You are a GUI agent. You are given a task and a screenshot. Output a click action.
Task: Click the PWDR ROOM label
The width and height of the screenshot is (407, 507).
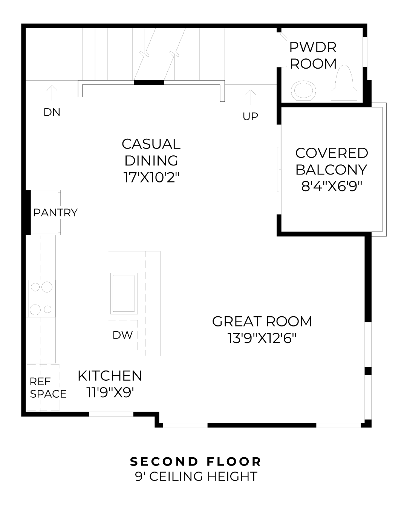click(313, 55)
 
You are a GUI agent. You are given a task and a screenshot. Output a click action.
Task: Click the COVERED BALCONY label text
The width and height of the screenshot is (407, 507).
click(331, 161)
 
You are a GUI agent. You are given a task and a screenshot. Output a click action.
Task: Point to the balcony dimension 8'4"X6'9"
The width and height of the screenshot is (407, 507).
click(331, 186)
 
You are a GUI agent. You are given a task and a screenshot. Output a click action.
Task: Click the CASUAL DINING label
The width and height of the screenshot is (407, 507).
click(151, 152)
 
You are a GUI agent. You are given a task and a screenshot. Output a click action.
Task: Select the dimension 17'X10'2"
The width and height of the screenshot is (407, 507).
click(151, 177)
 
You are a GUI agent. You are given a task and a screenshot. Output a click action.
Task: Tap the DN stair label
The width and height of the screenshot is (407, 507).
click(52, 112)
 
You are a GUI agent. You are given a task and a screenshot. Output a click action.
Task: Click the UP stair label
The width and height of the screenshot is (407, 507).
click(250, 116)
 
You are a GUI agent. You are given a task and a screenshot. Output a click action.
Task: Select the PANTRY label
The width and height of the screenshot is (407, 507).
click(55, 213)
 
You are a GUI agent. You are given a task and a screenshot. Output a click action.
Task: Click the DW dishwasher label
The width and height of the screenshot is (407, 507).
click(122, 335)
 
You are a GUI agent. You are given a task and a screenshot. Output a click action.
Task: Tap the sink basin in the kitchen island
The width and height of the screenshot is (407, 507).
click(124, 293)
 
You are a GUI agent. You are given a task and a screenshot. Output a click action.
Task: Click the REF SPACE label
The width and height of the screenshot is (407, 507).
click(48, 388)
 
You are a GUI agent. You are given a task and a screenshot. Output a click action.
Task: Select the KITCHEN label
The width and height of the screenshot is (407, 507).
click(110, 376)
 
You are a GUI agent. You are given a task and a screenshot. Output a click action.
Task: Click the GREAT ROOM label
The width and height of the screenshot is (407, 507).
click(262, 322)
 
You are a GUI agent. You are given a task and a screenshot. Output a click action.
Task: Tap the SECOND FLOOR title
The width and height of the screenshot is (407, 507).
click(196, 461)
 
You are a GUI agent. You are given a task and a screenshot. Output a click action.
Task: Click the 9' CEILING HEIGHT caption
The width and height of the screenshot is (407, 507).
click(196, 476)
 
